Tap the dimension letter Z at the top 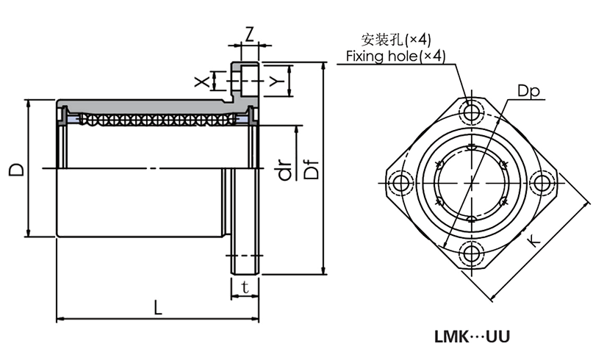click(x=249, y=34)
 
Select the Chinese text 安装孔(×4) click(x=396, y=38)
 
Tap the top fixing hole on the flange click(x=471, y=111)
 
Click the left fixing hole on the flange click(x=400, y=181)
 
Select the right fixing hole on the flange click(x=542, y=181)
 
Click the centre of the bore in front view click(x=471, y=181)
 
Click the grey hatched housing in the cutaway click(x=147, y=105)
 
